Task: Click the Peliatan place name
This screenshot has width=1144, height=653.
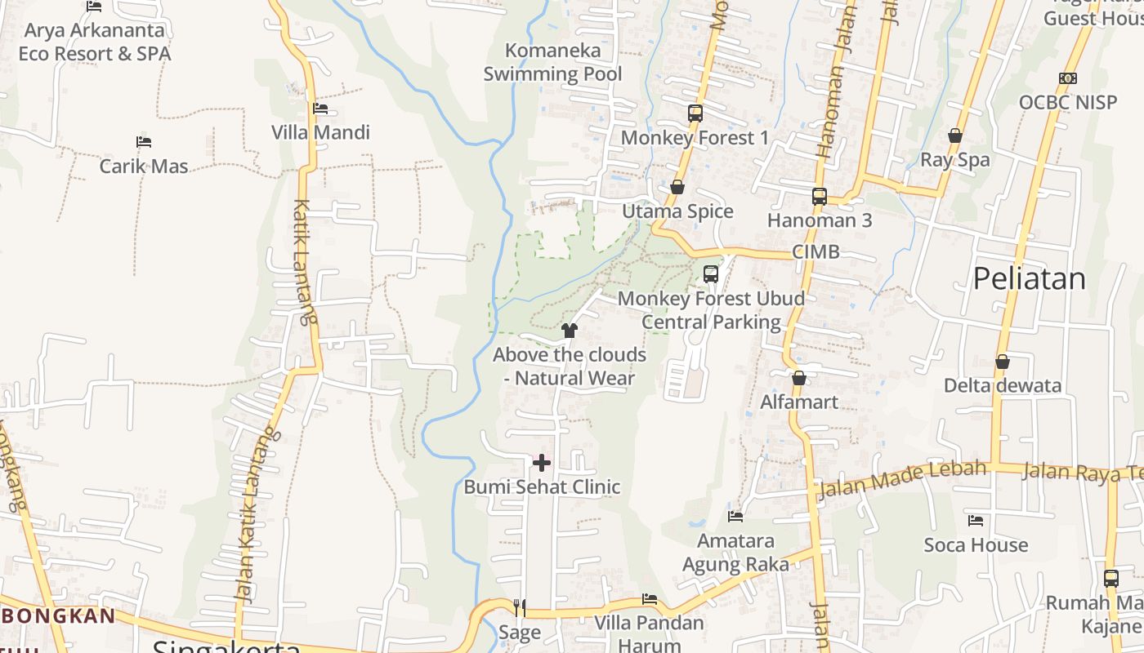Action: tap(1029, 279)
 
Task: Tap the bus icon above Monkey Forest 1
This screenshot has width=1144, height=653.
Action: tap(695, 113)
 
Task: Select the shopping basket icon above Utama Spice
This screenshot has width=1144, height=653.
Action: tap(677, 188)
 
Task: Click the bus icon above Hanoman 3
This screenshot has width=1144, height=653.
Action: tap(820, 197)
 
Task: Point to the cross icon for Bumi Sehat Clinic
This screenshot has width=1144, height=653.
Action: tap(541, 464)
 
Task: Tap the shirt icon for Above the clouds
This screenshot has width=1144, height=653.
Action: tap(570, 331)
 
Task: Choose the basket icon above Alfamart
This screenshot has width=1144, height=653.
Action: tap(799, 378)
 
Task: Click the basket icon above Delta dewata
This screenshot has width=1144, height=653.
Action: tap(1002, 362)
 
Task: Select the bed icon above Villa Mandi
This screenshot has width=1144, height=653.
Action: tap(320, 109)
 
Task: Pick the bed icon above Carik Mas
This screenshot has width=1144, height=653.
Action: tap(144, 142)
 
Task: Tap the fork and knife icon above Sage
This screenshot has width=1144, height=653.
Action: tap(519, 607)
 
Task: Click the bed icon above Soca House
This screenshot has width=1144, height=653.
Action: tap(976, 520)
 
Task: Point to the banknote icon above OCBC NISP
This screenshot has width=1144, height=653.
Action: tap(1067, 78)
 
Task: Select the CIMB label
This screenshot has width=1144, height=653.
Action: tap(816, 252)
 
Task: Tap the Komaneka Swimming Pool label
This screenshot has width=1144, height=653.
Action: tap(552, 62)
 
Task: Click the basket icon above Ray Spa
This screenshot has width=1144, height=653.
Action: tap(954, 135)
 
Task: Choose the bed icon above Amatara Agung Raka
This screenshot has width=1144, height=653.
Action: tap(735, 516)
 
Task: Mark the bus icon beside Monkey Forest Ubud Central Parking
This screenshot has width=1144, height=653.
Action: tap(711, 274)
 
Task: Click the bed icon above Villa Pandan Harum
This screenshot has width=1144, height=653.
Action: tap(649, 599)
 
